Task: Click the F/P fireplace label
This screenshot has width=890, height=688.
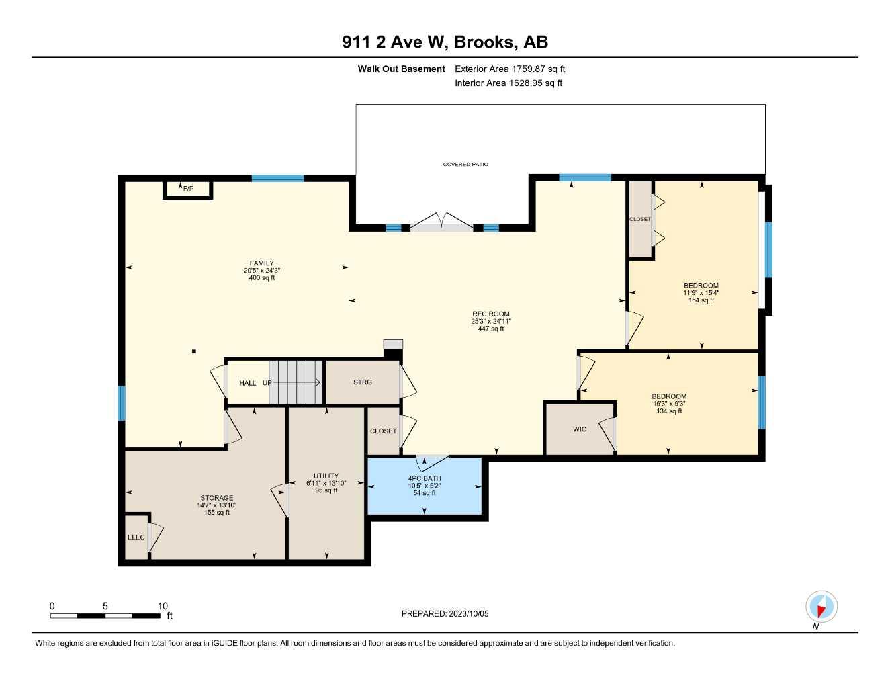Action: pos(188,189)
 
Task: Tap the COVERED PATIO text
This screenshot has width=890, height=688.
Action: pos(465,164)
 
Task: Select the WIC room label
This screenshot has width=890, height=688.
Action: pos(580,429)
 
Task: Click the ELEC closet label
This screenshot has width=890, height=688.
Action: pos(136,537)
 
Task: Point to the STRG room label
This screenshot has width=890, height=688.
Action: pos(363,382)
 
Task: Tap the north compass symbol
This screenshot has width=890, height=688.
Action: pos(821,607)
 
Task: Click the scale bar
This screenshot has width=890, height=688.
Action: pos(105,615)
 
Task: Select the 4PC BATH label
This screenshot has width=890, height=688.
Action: pos(425,478)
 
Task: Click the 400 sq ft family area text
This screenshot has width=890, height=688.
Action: pos(262,277)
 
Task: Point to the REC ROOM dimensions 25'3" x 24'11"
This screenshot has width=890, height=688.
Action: pos(490,321)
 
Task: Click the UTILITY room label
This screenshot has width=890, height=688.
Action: pos(326,476)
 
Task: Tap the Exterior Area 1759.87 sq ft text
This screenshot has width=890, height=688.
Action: pos(510,69)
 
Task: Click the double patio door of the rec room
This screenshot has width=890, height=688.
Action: pos(441,224)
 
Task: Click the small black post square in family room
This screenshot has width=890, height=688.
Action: pos(194,351)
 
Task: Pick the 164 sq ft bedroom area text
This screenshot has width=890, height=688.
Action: pos(701,300)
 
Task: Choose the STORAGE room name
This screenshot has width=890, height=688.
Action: pos(217,498)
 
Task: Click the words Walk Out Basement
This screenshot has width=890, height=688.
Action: pos(402,69)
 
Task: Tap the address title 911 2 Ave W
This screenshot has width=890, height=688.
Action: pos(394,42)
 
